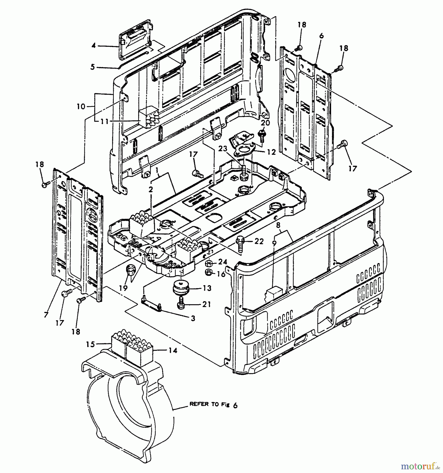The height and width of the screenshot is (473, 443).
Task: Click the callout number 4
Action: coord(94,45)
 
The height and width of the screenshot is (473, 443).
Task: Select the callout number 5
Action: coord(92,67)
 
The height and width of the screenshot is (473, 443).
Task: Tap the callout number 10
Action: coord(81,106)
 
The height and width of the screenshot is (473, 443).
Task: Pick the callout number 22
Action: coord(259,241)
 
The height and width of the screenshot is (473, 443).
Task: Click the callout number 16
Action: coord(221,274)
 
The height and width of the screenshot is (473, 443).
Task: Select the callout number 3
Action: coord(193,318)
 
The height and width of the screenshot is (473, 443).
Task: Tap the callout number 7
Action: coord(46,315)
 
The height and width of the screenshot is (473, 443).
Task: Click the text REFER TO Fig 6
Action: coord(213,405)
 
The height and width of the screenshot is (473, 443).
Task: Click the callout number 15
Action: coord(90,344)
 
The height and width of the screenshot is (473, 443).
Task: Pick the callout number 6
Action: coord(321,36)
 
